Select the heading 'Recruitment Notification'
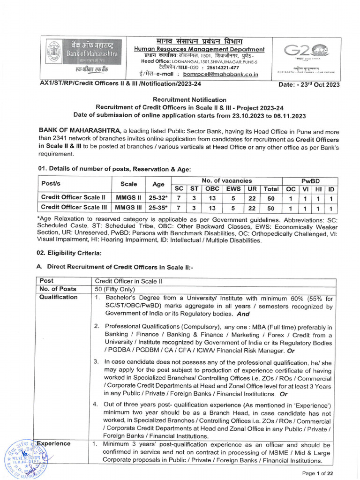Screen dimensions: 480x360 (190, 100)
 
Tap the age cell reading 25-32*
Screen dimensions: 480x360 (158, 197)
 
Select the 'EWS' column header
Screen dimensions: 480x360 (233, 189)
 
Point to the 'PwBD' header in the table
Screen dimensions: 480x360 (310, 180)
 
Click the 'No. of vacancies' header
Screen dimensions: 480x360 (227, 180)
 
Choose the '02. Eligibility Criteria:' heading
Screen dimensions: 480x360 (69, 253)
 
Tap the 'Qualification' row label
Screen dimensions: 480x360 (59, 297)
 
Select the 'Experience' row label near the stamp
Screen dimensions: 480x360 (55, 443)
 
